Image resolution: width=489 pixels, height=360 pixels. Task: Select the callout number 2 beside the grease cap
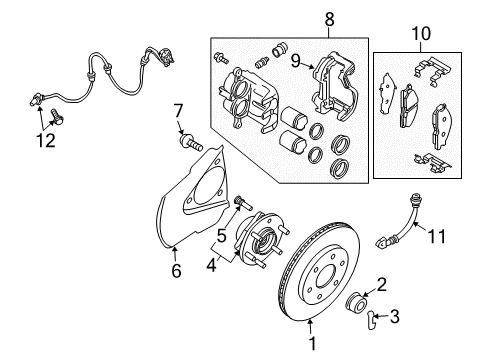[x=381, y=284]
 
